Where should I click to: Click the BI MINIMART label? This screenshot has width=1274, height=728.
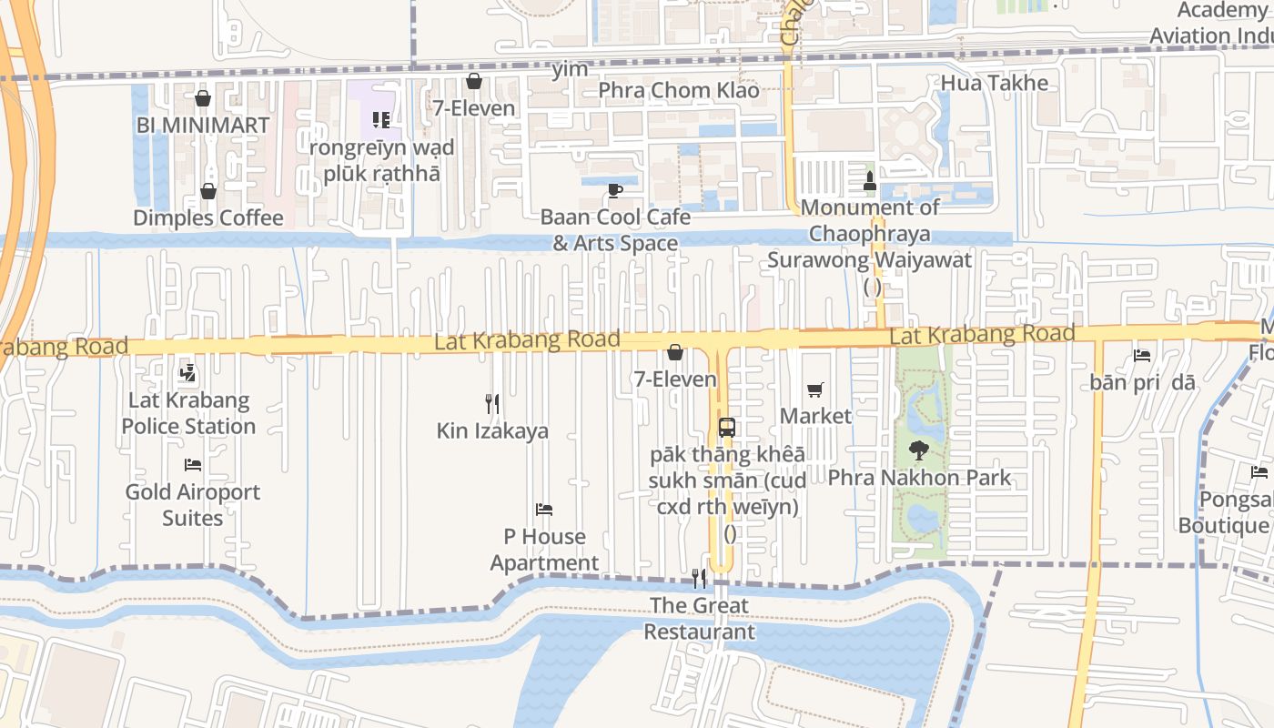click(202, 126)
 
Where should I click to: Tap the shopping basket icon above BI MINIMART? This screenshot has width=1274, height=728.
click(203, 98)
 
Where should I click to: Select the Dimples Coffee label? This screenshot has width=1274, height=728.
click(208, 218)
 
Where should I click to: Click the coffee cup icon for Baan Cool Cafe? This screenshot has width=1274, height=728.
click(615, 190)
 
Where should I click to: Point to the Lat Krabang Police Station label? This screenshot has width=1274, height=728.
click(188, 413)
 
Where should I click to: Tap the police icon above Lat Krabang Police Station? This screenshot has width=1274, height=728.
click(188, 373)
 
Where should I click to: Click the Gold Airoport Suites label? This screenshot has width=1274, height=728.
click(193, 505)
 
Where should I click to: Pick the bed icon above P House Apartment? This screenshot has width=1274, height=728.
click(544, 510)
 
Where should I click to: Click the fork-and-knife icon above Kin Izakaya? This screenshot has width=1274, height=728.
click(492, 403)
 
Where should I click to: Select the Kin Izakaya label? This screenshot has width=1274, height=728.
click(492, 430)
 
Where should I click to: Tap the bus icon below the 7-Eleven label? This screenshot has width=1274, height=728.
click(726, 427)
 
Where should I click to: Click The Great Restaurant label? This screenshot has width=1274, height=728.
click(700, 619)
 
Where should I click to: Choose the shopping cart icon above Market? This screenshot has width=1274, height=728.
click(815, 389)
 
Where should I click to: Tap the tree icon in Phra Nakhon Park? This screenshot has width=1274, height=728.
click(919, 450)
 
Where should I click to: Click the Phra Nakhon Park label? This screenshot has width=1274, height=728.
click(919, 477)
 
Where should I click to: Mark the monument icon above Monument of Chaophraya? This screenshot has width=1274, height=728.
click(870, 180)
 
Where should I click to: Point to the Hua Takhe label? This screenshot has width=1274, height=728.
click(995, 84)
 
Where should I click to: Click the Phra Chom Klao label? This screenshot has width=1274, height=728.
click(679, 91)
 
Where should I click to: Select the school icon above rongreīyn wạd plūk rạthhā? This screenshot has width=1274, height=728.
click(381, 119)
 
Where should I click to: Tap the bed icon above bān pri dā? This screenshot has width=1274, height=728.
click(1142, 355)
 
